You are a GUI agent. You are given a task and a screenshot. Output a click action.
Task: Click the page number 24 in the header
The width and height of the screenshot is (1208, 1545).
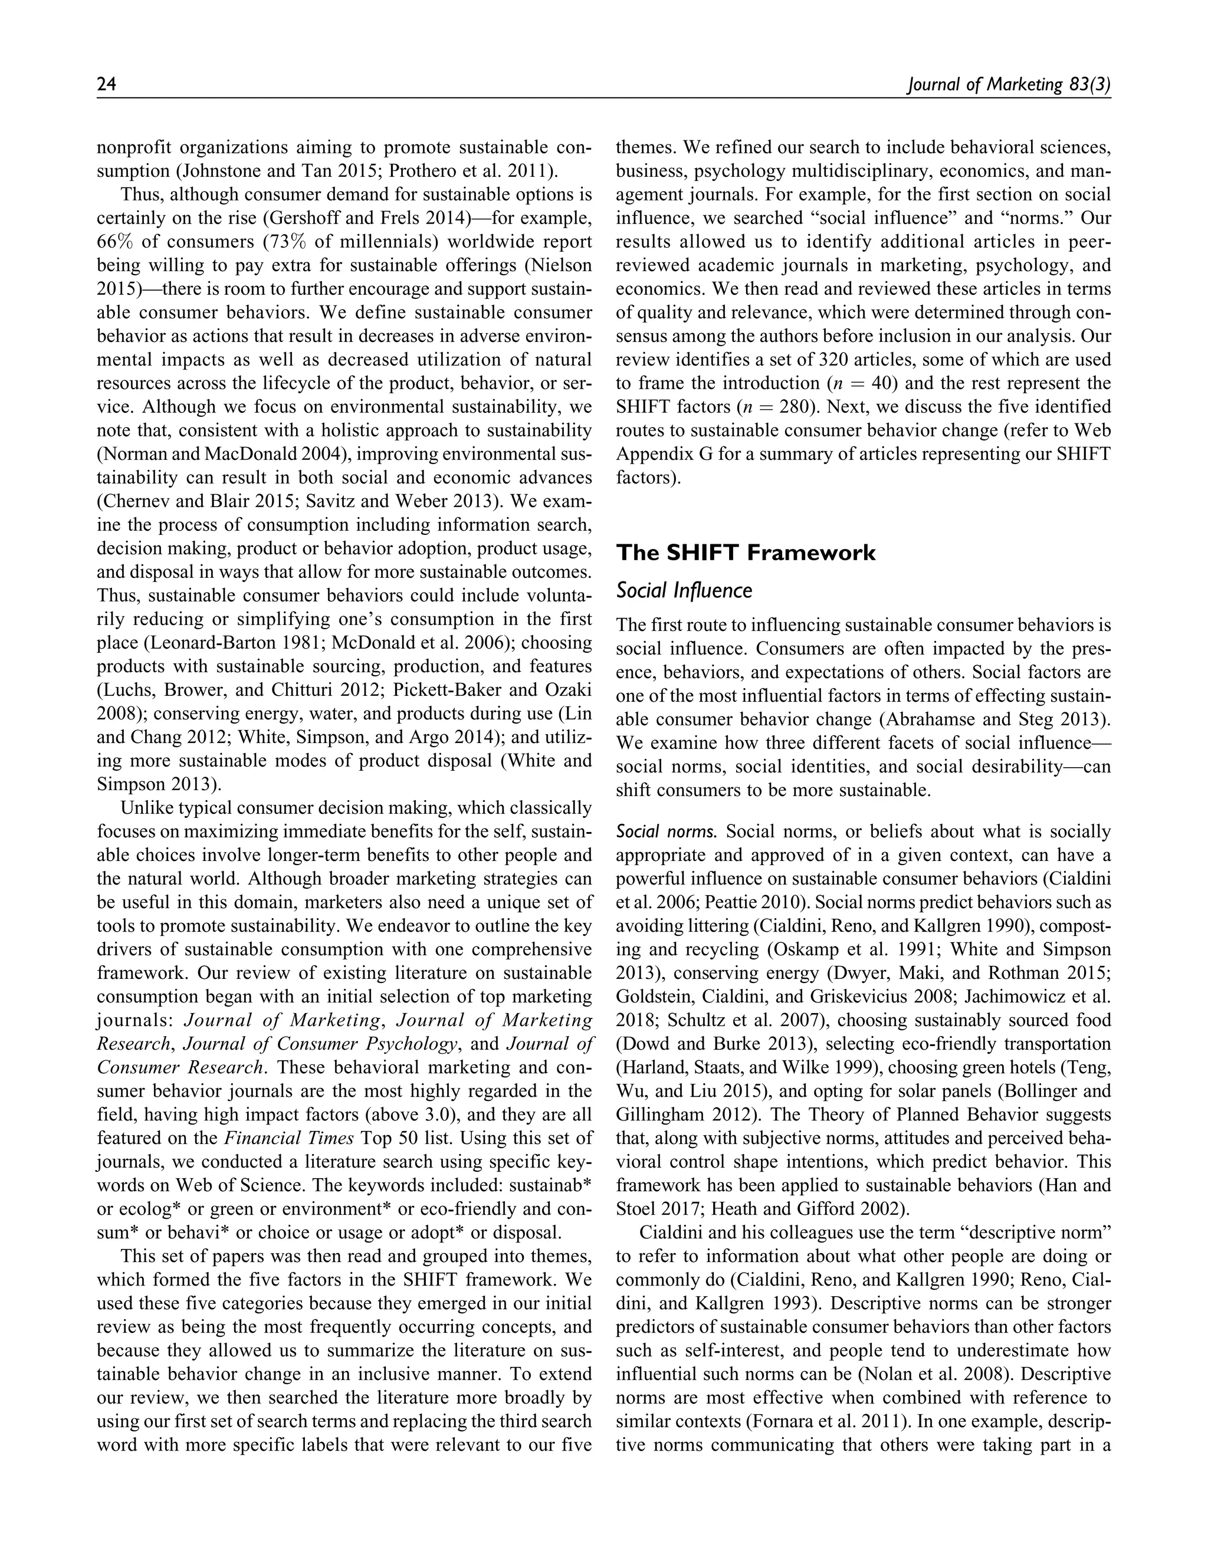[106, 85]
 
